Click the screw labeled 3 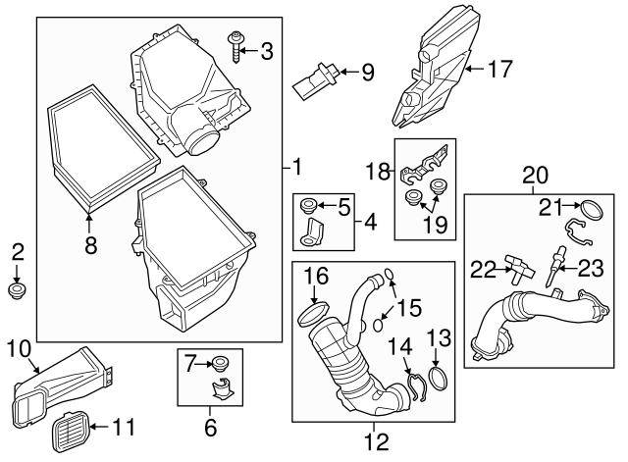235,48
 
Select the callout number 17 499,69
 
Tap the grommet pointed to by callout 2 17,291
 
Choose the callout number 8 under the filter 91,245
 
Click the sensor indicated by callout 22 519,267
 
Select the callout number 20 536,175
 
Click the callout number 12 377,441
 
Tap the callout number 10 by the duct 19,348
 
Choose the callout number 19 436,225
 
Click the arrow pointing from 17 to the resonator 474,69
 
